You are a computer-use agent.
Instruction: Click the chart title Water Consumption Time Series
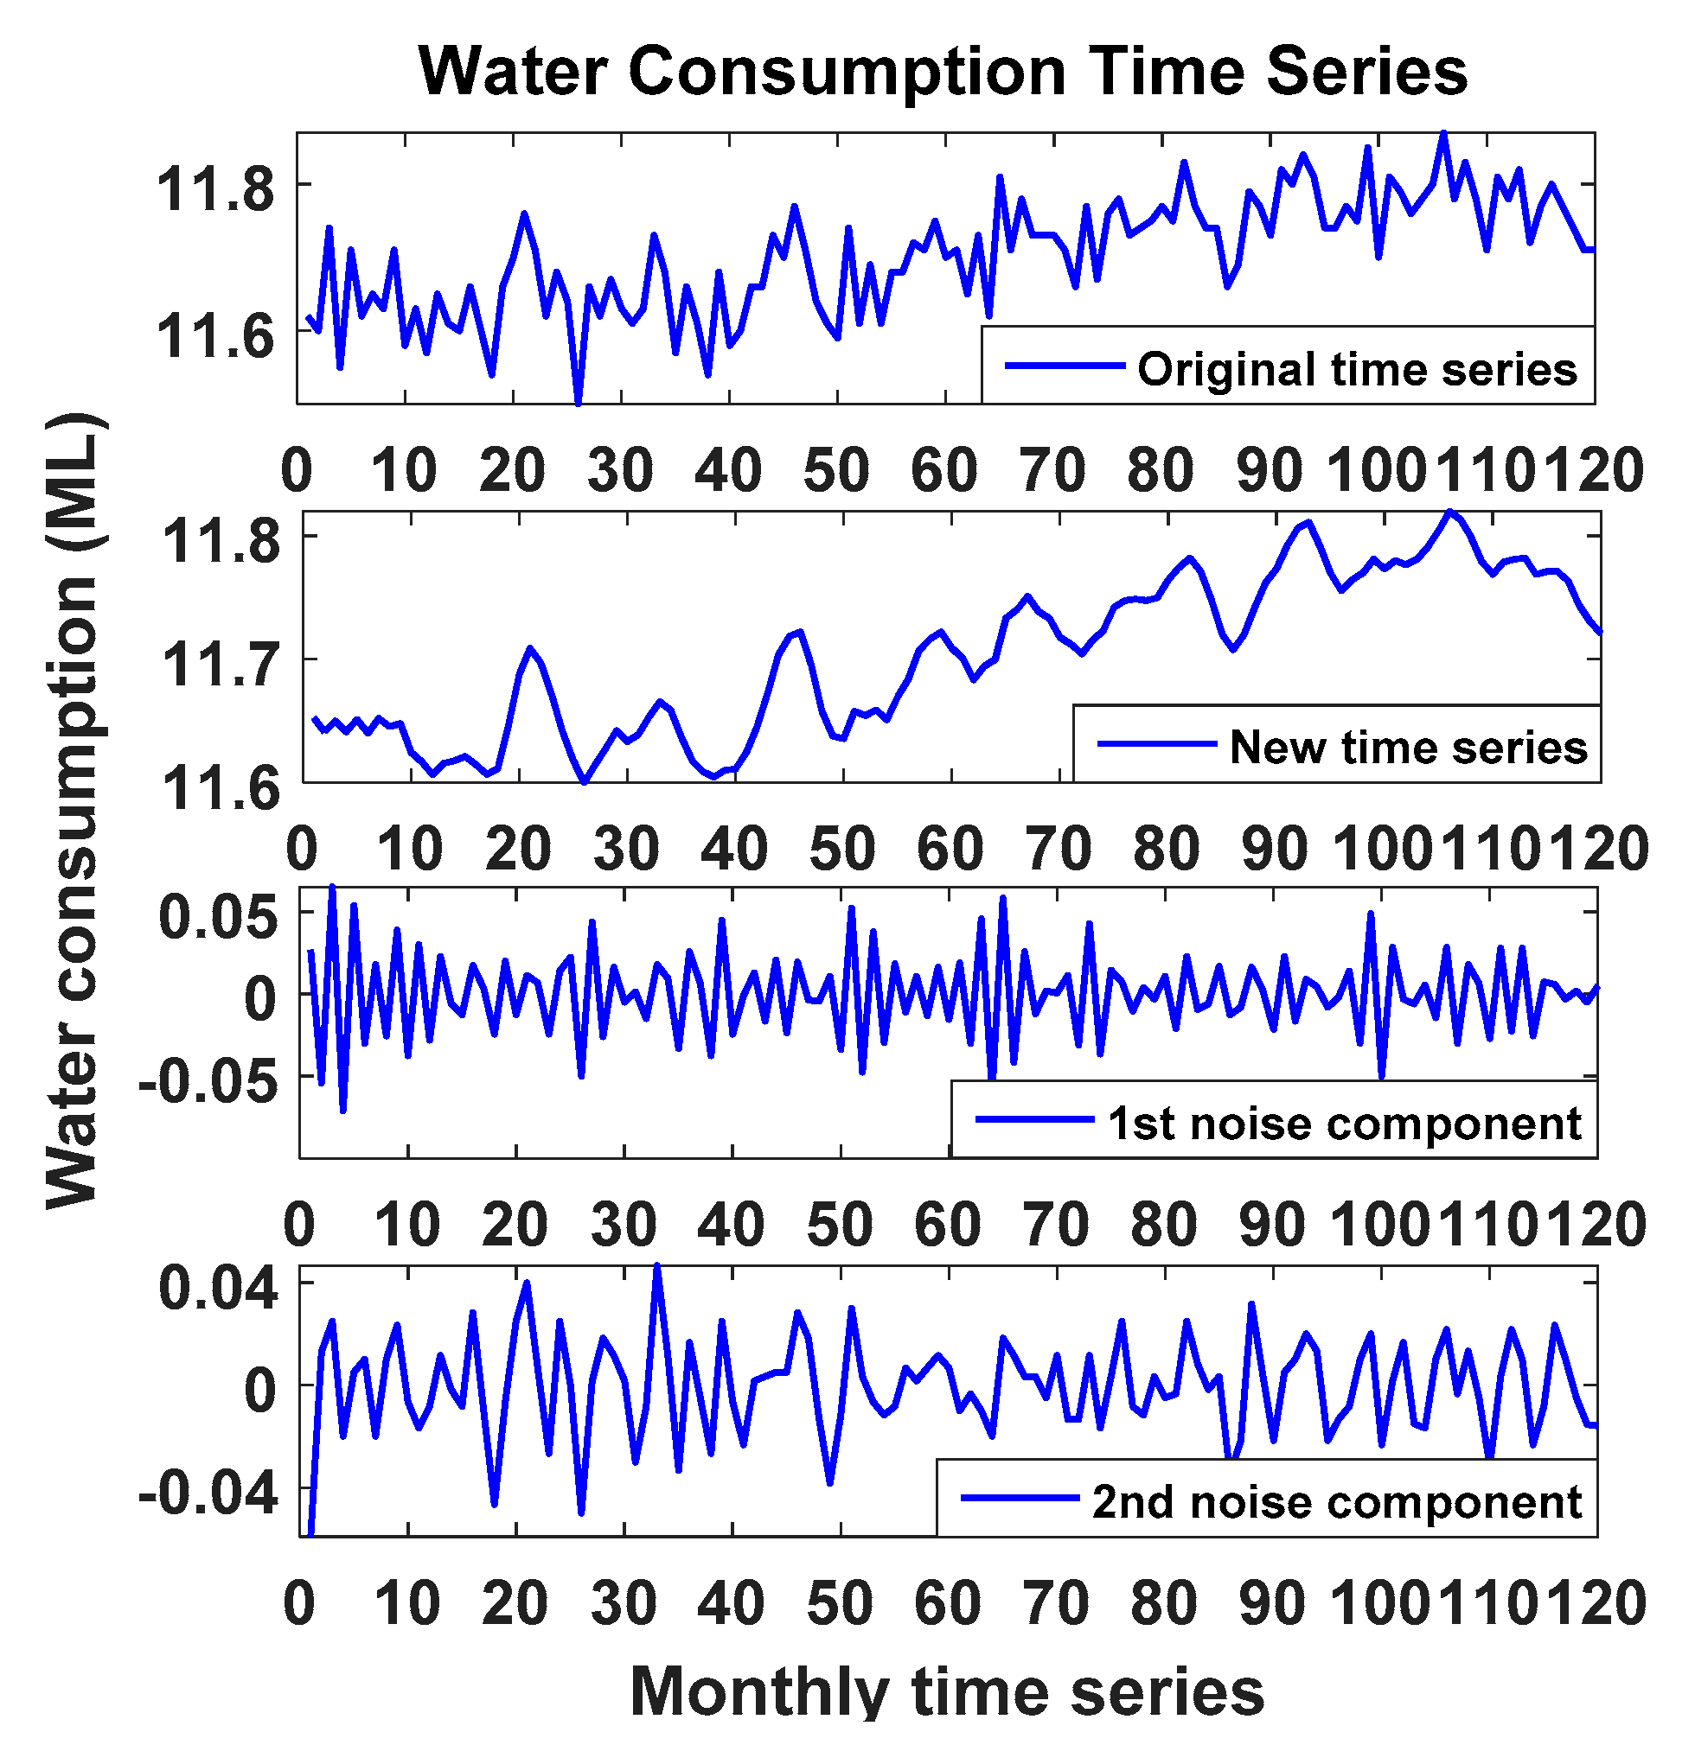pos(943,71)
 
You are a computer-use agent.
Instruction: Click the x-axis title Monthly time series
pos(947,1691)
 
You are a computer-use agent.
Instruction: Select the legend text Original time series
pos(1357,369)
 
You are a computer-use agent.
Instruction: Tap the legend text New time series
pos(1408,747)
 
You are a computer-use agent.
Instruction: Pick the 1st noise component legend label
pos(1344,1123)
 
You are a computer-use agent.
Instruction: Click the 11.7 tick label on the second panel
pos(220,664)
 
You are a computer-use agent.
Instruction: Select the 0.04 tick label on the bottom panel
pos(217,1289)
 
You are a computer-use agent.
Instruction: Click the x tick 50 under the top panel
pos(836,470)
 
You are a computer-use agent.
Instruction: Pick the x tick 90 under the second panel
pos(1275,849)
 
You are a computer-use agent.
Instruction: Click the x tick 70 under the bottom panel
pos(1057,1603)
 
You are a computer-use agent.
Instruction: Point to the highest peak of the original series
pos(1444,135)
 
